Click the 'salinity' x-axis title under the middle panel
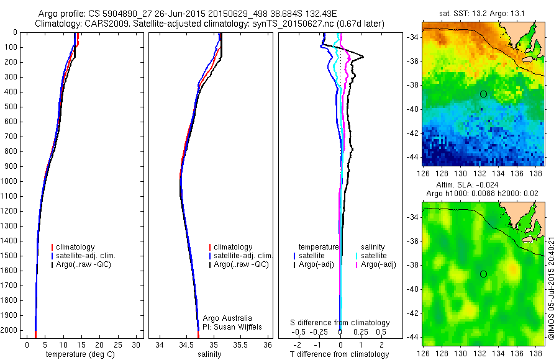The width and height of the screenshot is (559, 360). click(x=209, y=354)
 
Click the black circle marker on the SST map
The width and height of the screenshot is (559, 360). click(x=483, y=94)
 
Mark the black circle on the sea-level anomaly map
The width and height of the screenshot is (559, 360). click(x=483, y=274)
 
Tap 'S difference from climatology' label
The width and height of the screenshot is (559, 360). click(x=340, y=323)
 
